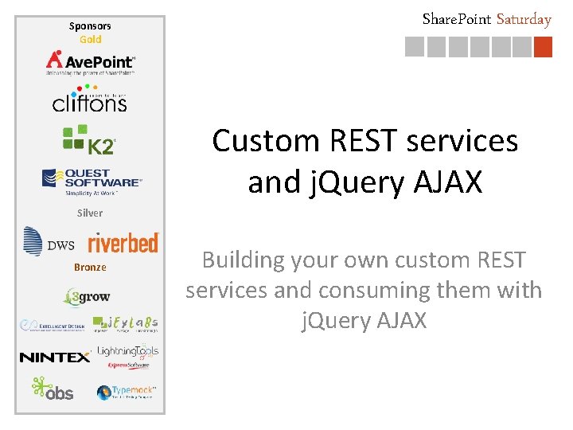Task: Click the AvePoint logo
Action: (x=90, y=62)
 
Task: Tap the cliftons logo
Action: (x=89, y=100)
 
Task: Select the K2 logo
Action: (x=89, y=140)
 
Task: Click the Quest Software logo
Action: (x=91, y=181)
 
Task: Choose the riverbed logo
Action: (x=123, y=242)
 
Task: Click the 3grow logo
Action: (x=88, y=297)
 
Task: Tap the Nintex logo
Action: (x=55, y=358)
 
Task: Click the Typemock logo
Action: (x=127, y=392)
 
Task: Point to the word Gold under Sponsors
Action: (x=90, y=39)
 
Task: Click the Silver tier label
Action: (x=90, y=213)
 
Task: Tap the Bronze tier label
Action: (x=90, y=267)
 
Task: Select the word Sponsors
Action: (x=90, y=26)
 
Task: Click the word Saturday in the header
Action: (x=524, y=19)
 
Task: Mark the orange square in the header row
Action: (x=542, y=48)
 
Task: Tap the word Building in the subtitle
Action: (x=243, y=260)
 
